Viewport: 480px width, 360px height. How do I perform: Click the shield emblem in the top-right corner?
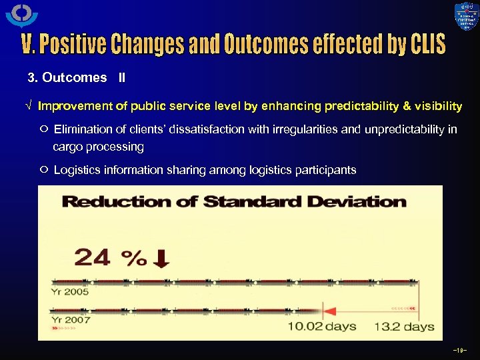click(466, 17)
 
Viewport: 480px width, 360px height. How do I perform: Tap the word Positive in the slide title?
click(73, 45)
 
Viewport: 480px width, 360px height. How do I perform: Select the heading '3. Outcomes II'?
click(76, 77)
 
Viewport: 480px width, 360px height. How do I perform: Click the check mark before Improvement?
click(29, 106)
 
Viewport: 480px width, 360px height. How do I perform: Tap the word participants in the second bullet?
click(325, 170)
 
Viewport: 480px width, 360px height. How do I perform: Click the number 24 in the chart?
click(93, 257)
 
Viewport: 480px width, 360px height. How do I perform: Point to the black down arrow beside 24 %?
click(161, 259)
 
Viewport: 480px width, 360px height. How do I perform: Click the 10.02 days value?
click(321, 327)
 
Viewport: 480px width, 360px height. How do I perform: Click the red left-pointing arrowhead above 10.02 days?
click(328, 309)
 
